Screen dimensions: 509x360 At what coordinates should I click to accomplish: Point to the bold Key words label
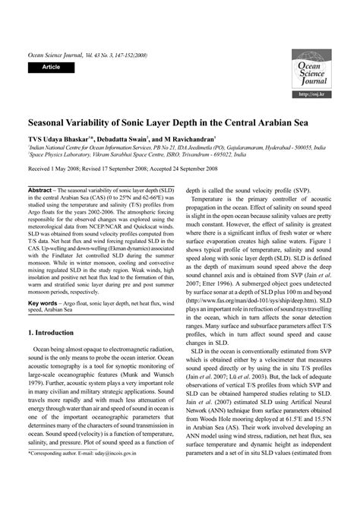click(46, 279)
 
